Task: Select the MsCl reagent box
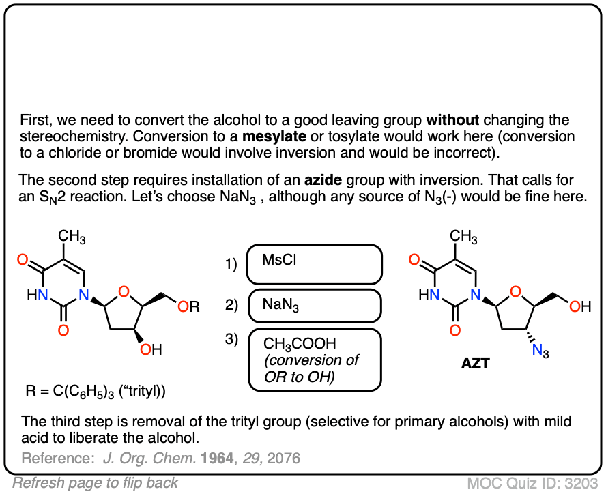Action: pos(313,264)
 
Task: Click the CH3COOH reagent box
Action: pos(313,360)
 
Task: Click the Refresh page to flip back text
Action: pos(96,483)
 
